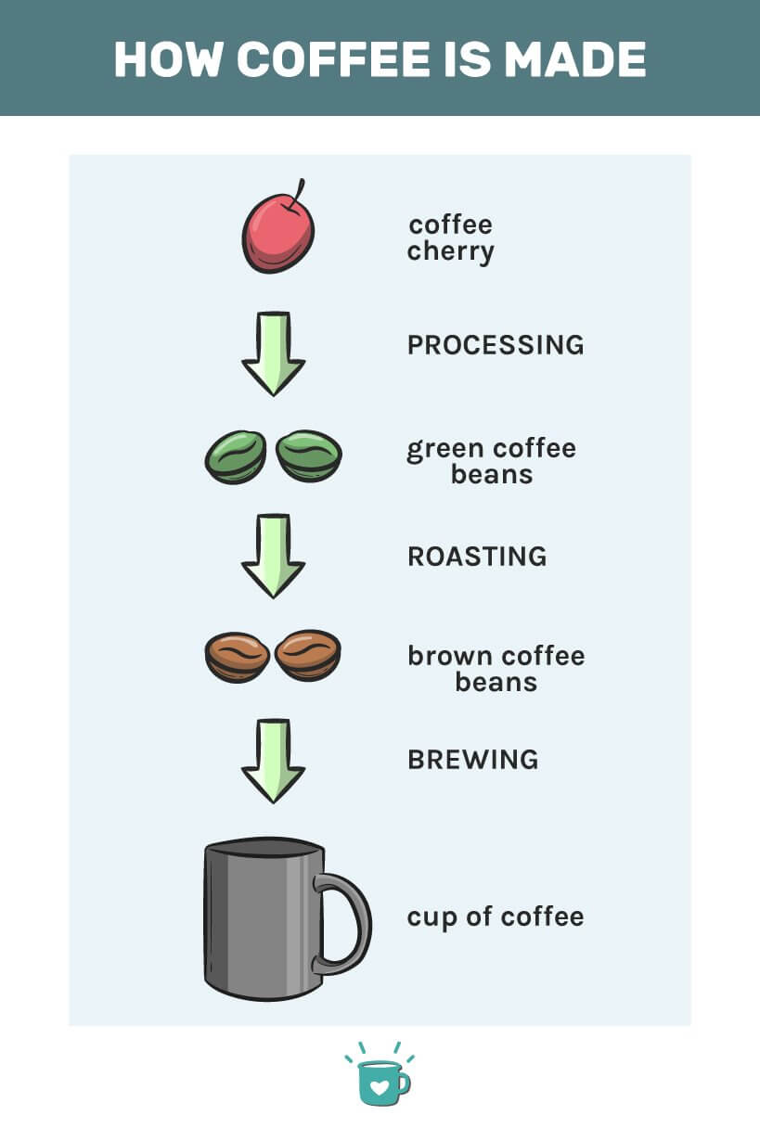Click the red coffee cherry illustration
point(278,234)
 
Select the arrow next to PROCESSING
point(274,353)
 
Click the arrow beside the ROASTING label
point(274,556)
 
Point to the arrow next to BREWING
point(274,761)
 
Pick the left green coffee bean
point(236,456)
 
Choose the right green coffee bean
point(309,455)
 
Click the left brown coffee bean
point(238,657)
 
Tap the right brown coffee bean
point(308,655)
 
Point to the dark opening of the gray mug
point(264,848)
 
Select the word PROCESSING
point(496,345)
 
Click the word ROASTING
point(477,557)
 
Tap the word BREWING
point(473,760)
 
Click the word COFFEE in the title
point(333,59)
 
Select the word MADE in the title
point(574,59)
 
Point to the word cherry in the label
point(451,251)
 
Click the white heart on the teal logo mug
point(380,1087)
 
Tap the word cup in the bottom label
point(432,917)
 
